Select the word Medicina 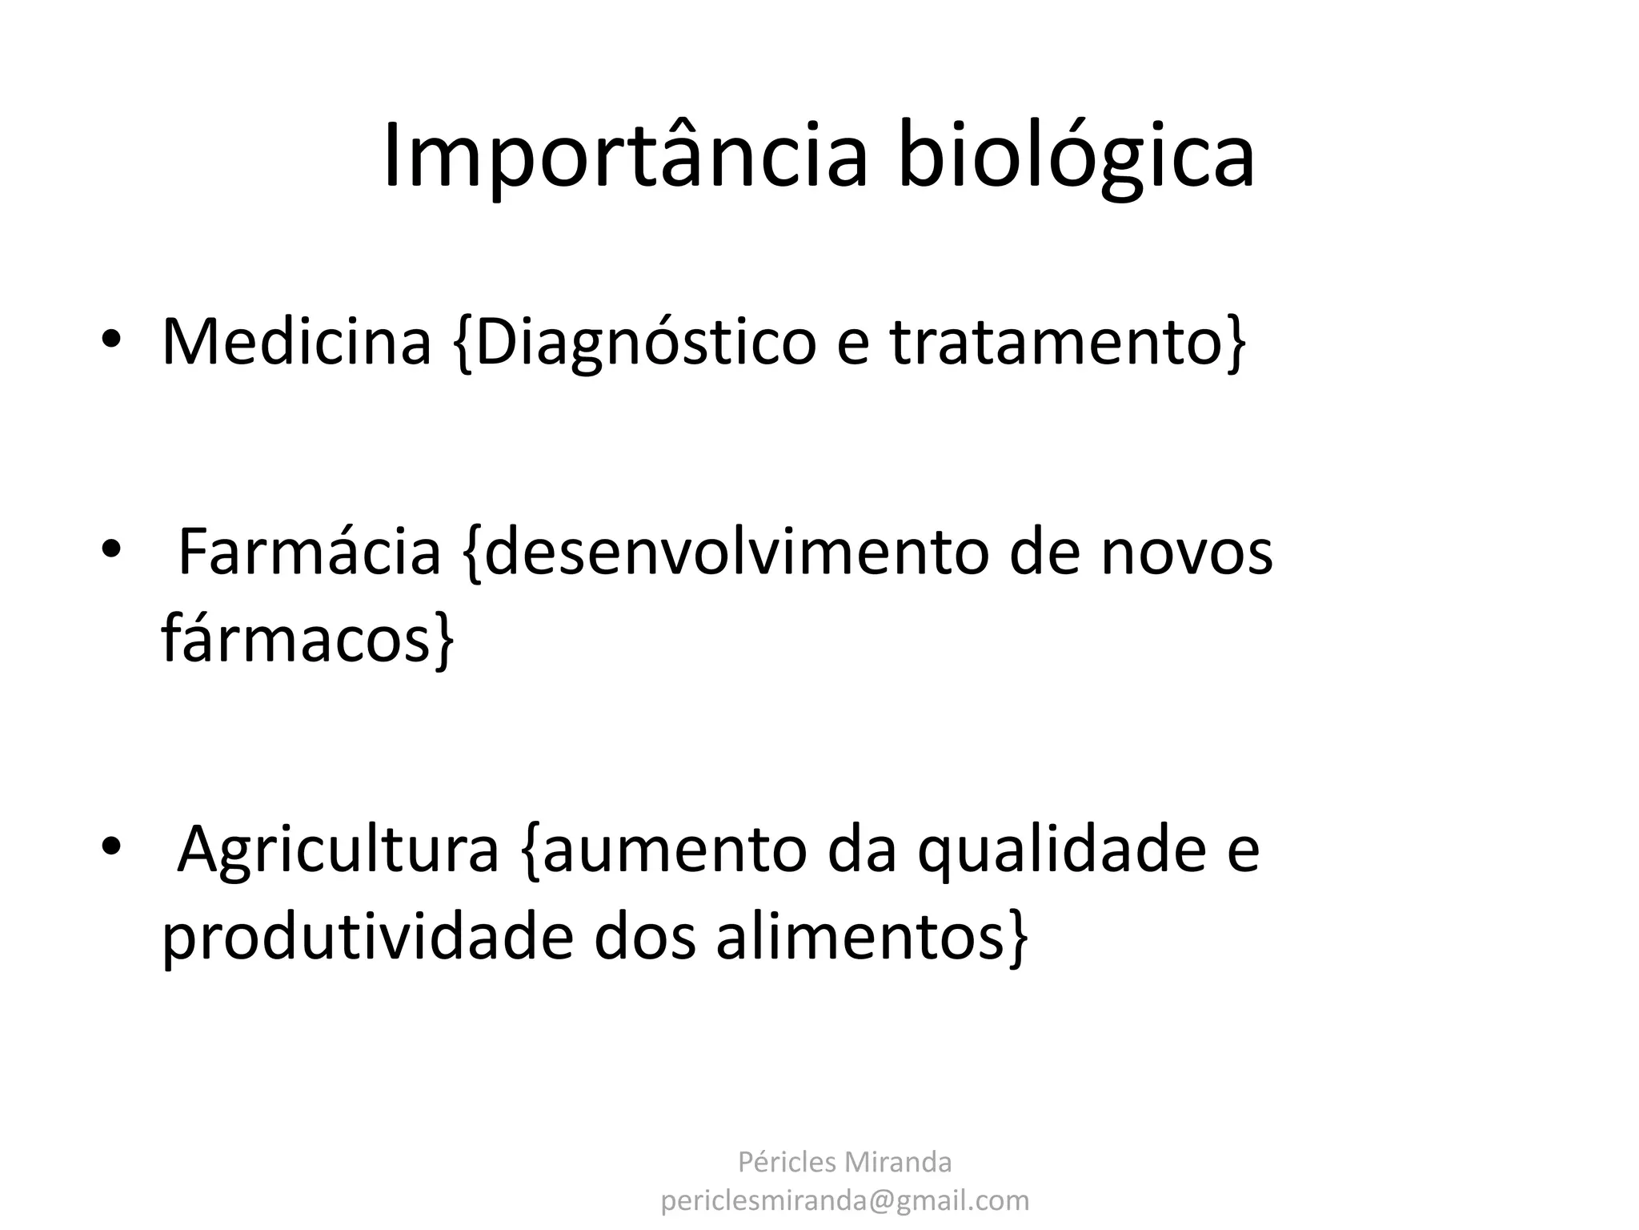coord(296,343)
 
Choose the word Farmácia coord(309,552)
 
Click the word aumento coord(672,850)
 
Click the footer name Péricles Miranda coord(844,1162)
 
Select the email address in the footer coord(844,1200)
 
